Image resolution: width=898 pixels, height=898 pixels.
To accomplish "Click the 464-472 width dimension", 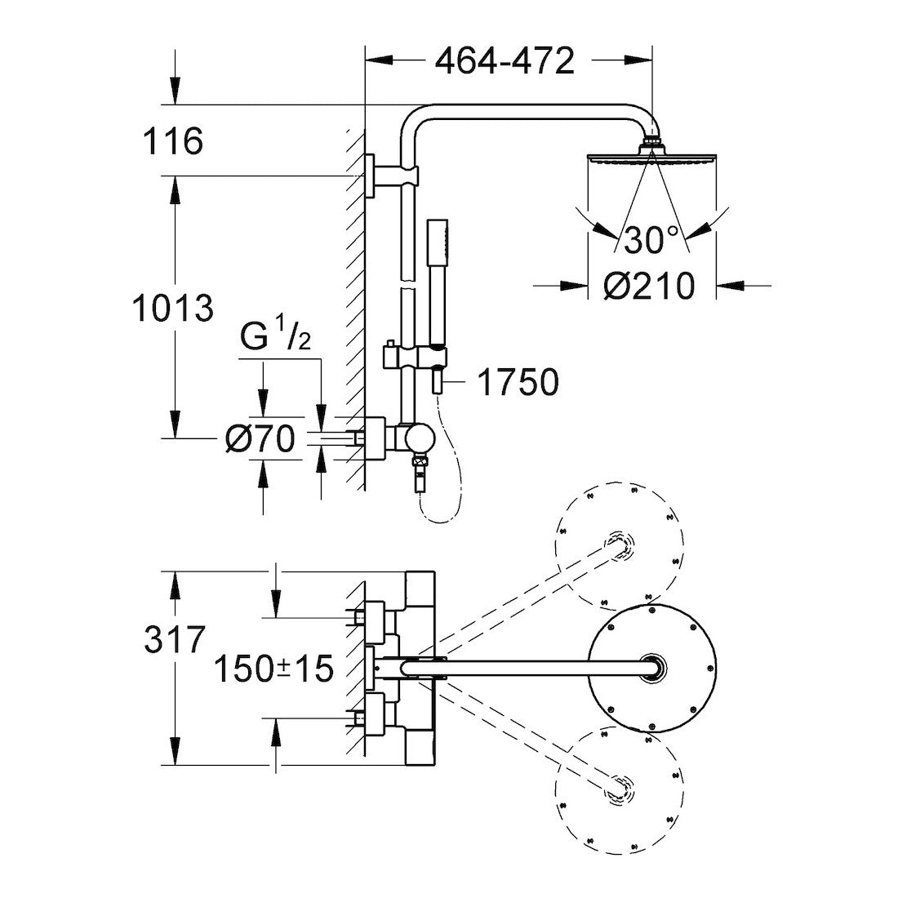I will (x=505, y=61).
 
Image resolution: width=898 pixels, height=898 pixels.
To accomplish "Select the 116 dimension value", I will (x=172, y=142).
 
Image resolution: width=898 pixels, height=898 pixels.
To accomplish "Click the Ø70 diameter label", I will (x=260, y=440).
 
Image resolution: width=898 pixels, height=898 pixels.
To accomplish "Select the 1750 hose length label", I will (x=517, y=382).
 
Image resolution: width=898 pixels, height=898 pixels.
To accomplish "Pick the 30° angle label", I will (x=651, y=240).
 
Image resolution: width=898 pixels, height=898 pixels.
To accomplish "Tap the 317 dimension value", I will (x=173, y=640).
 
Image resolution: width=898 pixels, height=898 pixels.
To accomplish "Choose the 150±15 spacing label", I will (x=273, y=669).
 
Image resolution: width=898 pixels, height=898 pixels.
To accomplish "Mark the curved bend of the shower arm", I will (x=416, y=121).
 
